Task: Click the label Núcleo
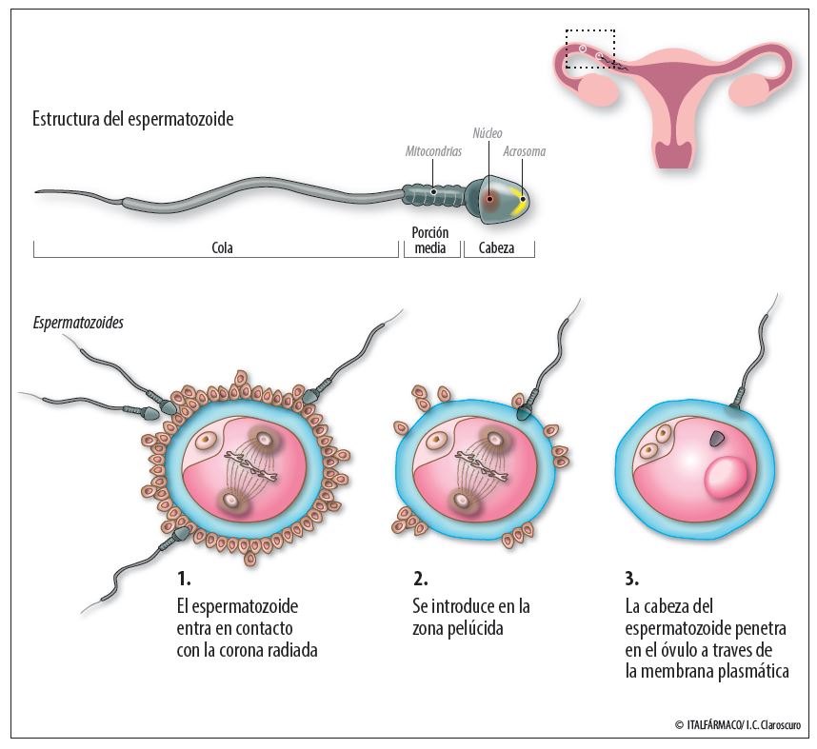pyautogui.click(x=488, y=133)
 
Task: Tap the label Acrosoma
pyautogui.click(x=524, y=151)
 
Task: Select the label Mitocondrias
pyautogui.click(x=433, y=151)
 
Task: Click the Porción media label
pyautogui.click(x=430, y=240)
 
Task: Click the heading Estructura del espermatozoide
pyautogui.click(x=133, y=120)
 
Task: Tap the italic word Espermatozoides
pyautogui.click(x=78, y=323)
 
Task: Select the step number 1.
pyautogui.click(x=183, y=578)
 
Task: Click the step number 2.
pyautogui.click(x=420, y=578)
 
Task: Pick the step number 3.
pyautogui.click(x=631, y=578)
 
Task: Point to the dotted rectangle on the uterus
pyautogui.click(x=590, y=49)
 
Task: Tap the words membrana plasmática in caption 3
pyautogui.click(x=707, y=671)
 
